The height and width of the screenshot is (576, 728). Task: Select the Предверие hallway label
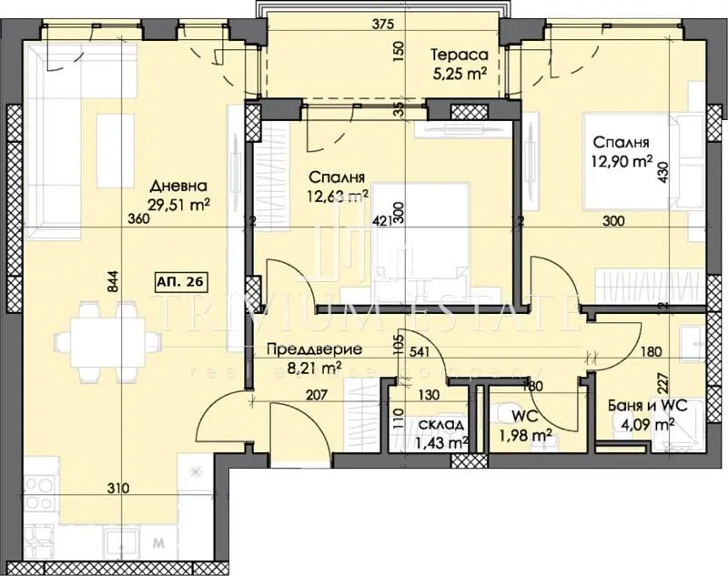pyautogui.click(x=312, y=349)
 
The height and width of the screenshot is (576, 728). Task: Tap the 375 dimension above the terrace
pyautogui.click(x=369, y=26)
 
